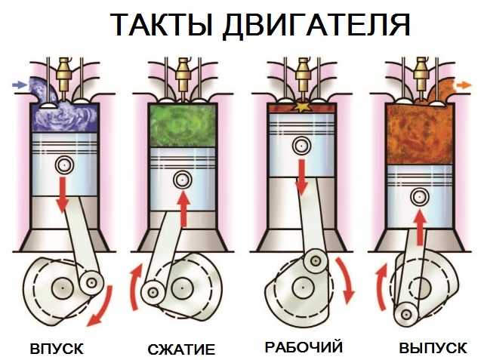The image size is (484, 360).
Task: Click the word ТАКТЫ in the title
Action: (162, 26)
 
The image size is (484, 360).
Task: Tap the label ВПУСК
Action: (57, 349)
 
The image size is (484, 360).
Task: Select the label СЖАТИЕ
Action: (181, 349)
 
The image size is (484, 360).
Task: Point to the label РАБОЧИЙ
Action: (304, 346)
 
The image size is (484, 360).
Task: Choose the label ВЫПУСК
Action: (433, 348)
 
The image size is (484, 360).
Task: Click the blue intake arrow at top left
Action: (20, 85)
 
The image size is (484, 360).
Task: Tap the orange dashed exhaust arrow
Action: (464, 85)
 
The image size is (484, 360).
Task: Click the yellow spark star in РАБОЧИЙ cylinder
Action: (301, 106)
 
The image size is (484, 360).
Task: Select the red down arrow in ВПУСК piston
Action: (63, 195)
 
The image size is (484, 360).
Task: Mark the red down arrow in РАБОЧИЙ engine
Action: (301, 177)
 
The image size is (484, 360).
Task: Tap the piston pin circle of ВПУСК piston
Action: (64, 165)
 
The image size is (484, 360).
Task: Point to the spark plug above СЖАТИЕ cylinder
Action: (183, 77)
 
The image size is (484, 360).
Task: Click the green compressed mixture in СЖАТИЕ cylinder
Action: (183, 126)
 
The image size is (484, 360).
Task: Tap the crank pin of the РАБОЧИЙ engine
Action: (315, 261)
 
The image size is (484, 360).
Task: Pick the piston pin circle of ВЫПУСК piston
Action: (420, 196)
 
